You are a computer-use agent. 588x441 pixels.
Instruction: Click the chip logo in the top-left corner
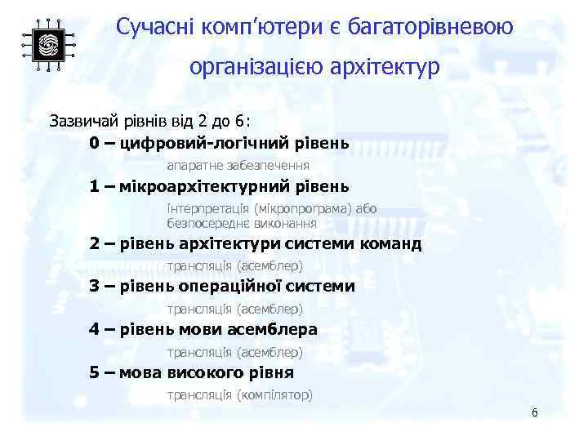[48, 44]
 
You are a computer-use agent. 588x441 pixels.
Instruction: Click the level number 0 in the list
[95, 143]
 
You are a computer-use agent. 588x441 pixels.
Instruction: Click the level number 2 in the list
[95, 243]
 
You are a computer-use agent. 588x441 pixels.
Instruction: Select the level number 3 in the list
[95, 286]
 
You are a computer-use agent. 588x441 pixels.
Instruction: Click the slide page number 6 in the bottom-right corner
[534, 412]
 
